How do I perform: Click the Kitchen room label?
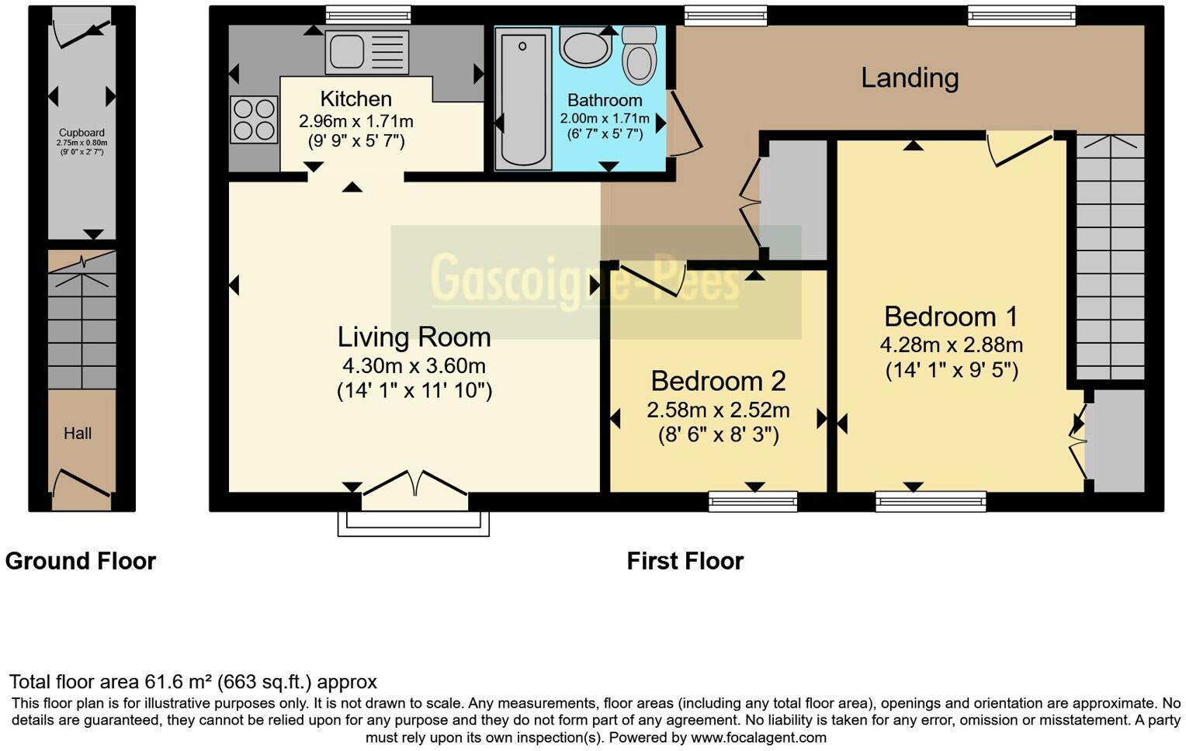coord(355,99)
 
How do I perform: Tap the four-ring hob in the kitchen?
coord(254,119)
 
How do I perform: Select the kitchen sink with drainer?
coord(367,53)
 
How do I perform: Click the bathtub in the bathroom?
coord(522,98)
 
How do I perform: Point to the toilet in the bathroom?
coord(640,55)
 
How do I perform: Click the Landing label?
coord(910,78)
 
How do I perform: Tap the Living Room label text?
coord(414,337)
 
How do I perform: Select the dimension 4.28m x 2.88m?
coord(951,345)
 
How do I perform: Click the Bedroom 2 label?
coord(718,381)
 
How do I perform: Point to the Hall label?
coord(78,434)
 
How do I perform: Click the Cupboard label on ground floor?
coord(81,133)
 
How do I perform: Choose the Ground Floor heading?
coord(81,561)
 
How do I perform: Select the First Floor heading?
coord(685,561)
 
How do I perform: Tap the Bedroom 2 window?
coord(752,501)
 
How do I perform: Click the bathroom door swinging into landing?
coord(685,124)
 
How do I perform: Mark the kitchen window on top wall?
coord(367,14)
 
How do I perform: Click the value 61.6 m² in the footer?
coord(178,682)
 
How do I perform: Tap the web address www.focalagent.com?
coord(758,738)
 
